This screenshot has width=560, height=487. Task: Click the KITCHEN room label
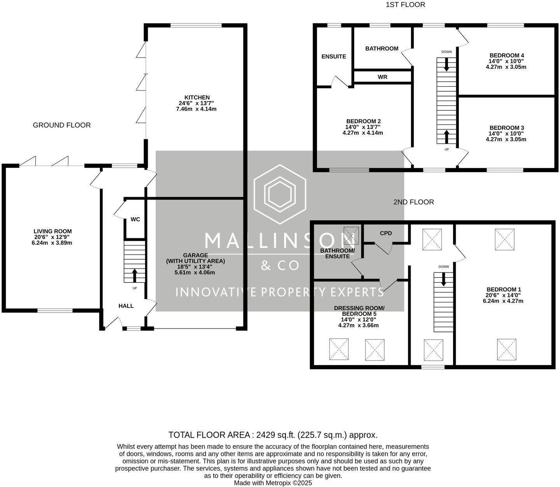tap(197, 98)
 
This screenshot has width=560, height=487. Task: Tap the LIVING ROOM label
tap(52, 231)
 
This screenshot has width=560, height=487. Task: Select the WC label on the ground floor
tap(135, 219)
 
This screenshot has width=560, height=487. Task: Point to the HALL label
tap(126, 306)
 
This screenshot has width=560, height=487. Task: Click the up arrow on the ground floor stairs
tap(135, 275)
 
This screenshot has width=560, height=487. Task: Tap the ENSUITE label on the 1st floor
tap(334, 56)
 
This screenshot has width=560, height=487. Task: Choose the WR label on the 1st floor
tap(382, 77)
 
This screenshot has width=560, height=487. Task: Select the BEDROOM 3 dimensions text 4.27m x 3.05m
tap(506, 139)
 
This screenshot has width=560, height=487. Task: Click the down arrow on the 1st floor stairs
tap(446, 65)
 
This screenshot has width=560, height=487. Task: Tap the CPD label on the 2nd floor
tap(386, 233)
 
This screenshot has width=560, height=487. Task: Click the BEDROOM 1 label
tap(503, 290)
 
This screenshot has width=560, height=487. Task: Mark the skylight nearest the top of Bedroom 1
tap(504, 239)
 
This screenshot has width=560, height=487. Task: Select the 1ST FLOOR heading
tap(405, 5)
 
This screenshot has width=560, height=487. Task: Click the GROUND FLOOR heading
tap(62, 125)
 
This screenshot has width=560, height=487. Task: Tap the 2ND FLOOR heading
tap(413, 202)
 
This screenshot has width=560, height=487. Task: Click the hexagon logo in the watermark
tap(280, 194)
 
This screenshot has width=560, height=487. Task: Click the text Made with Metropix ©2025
tap(273, 483)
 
